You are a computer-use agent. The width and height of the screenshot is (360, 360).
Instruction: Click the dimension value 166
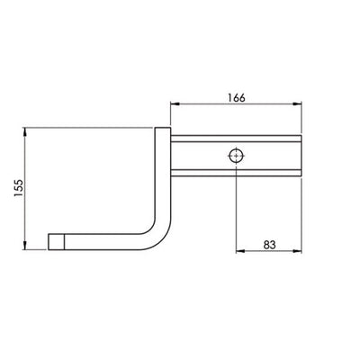(235, 93)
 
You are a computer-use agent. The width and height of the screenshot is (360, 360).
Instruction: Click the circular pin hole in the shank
(235, 155)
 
